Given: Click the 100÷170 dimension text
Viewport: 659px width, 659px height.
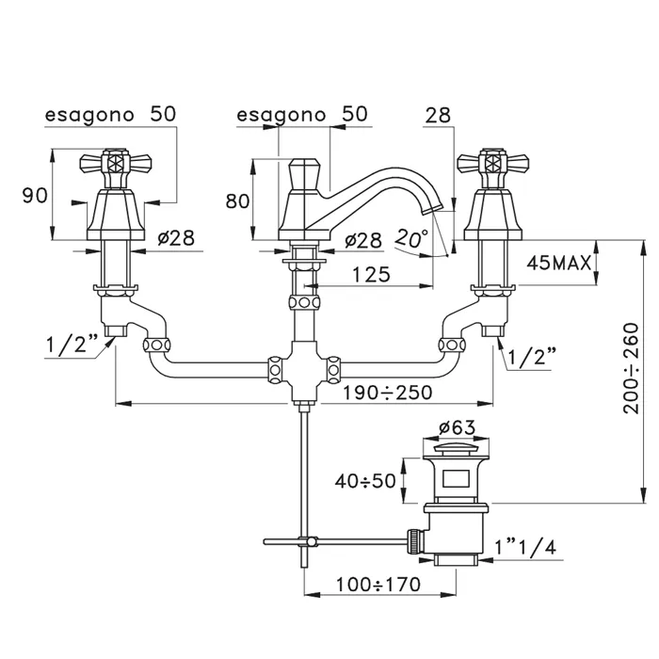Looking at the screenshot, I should pos(378,585).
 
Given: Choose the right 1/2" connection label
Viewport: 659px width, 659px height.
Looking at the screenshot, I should pos(531,357).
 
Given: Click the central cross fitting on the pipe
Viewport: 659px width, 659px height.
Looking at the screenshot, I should pos(301,368).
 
